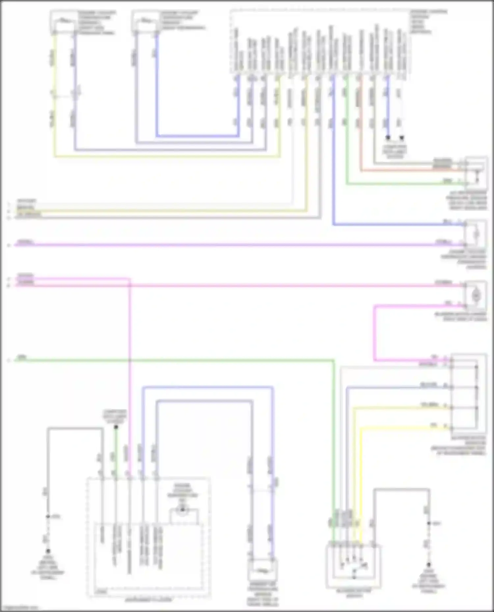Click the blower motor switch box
click(x=353, y=566)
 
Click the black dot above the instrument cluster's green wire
click(x=116, y=428)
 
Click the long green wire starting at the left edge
click(x=165, y=360)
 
